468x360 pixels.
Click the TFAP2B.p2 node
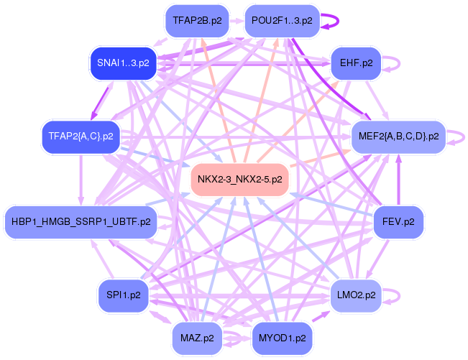point(197,21)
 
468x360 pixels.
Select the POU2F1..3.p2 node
point(282,21)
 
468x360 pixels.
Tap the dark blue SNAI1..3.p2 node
point(123,63)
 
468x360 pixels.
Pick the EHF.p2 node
point(356,63)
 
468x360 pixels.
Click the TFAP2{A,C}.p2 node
point(81,137)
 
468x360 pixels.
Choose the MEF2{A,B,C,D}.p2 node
point(398,137)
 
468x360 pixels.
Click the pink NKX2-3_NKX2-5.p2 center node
point(239,180)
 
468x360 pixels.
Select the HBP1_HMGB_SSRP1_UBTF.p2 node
point(81,222)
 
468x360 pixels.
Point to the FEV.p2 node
point(398,222)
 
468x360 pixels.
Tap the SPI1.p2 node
point(123,295)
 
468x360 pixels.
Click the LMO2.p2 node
point(356,295)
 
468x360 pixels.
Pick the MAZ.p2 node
point(197,338)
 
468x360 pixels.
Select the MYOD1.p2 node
point(282,338)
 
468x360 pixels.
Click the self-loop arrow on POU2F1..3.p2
point(338,21)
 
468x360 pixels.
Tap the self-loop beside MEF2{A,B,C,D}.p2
point(464,137)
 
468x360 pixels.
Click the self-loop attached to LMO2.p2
point(400,295)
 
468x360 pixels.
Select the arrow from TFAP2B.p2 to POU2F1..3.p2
point(237,21)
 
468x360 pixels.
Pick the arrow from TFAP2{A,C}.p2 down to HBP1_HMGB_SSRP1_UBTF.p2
point(81,180)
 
